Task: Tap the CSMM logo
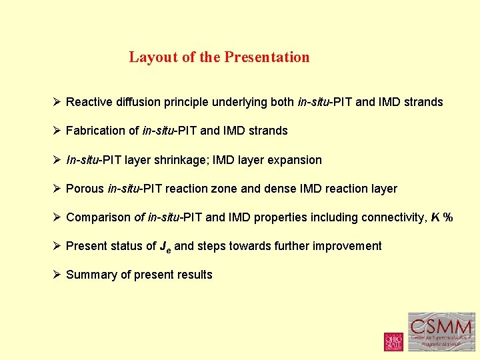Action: tap(441, 332)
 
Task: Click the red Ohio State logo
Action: tap(393, 341)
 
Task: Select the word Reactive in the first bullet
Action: tap(89, 102)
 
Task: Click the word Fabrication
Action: tap(95, 131)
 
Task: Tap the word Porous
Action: tap(85, 189)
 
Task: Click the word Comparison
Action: tap(98, 217)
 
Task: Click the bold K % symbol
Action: tap(441, 217)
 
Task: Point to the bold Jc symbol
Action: tap(165, 247)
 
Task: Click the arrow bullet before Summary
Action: tap(57, 275)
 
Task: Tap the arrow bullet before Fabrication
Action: tap(57, 131)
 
